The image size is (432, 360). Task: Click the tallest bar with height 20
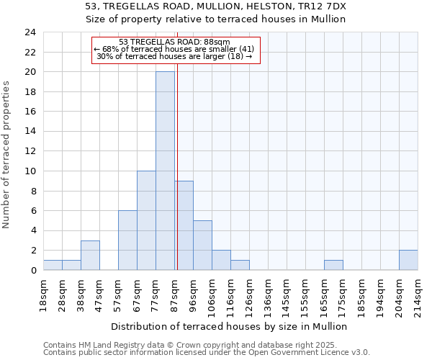pyautogui.click(x=165, y=171)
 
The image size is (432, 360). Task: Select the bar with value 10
pyautogui.click(x=146, y=220)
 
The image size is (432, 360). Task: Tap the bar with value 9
pyautogui.click(x=184, y=225)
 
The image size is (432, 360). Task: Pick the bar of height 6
pyautogui.click(x=127, y=240)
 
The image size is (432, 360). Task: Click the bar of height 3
pyautogui.click(x=90, y=255)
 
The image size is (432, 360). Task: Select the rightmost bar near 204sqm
pyautogui.click(x=408, y=260)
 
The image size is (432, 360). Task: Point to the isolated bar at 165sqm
pyautogui.click(x=333, y=265)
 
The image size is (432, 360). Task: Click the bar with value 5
pyautogui.click(x=202, y=245)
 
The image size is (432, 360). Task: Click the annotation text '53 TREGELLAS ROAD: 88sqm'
pyautogui.click(x=174, y=42)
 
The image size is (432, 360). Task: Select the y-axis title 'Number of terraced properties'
pyautogui.click(x=6, y=155)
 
